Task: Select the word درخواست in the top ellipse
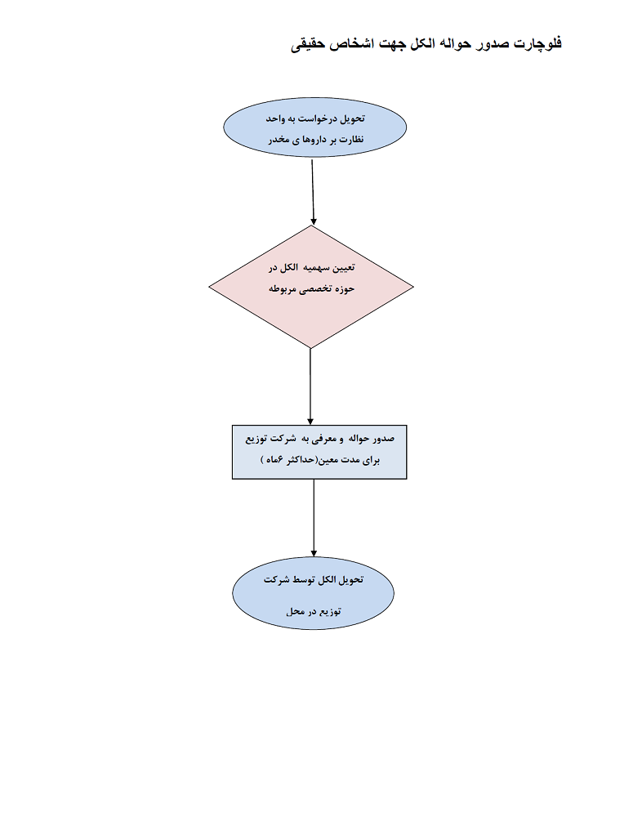coord(318,119)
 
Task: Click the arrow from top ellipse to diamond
coord(313,191)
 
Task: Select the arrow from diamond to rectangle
coord(311,385)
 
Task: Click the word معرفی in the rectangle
coord(317,439)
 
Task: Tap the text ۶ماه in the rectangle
coord(273,460)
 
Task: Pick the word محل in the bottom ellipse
coord(296,612)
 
